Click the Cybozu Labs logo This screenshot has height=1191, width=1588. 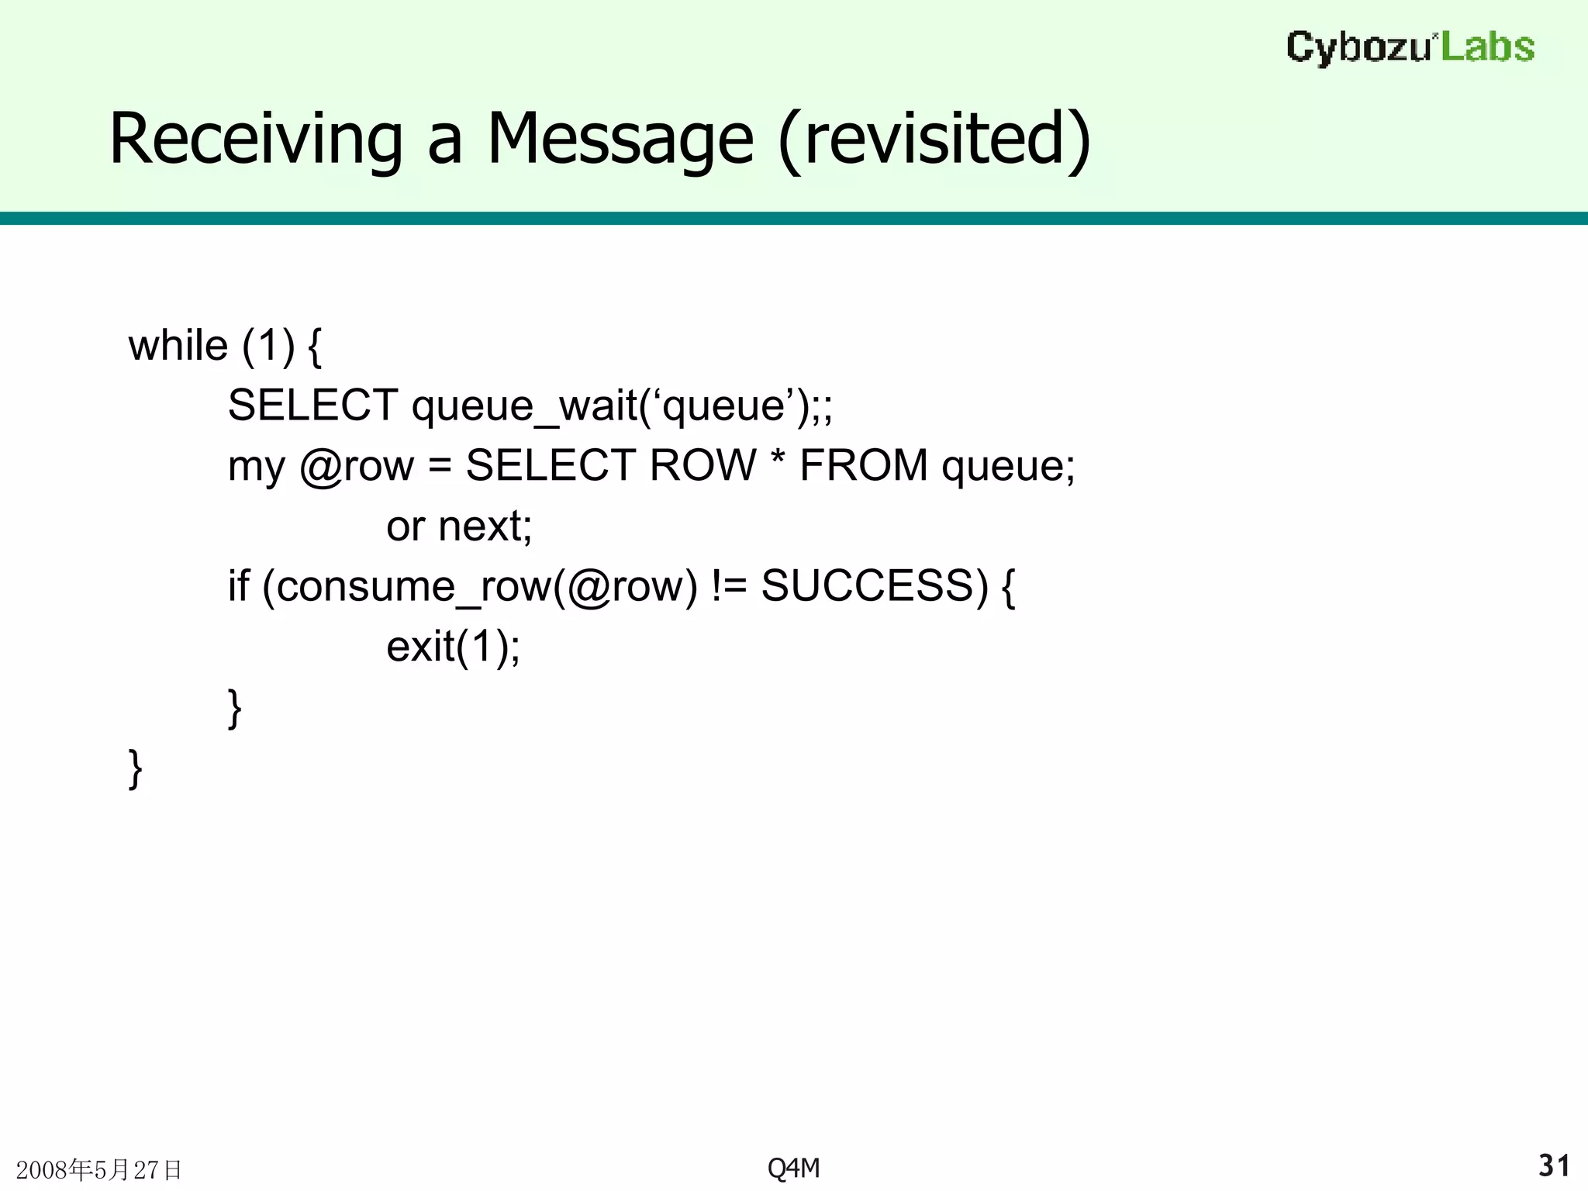pyautogui.click(x=1410, y=47)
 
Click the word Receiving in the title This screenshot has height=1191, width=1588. pyautogui.click(x=255, y=140)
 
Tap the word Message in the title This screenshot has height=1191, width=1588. pyautogui.click(x=620, y=140)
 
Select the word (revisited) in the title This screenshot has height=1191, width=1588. pyautogui.click(x=934, y=140)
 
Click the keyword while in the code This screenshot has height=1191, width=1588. pyautogui.click(x=178, y=345)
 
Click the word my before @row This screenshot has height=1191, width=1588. pyautogui.click(x=256, y=467)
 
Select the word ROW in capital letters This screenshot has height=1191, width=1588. pyautogui.click(x=702, y=465)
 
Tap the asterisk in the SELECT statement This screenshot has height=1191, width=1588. pyautogui.click(x=778, y=462)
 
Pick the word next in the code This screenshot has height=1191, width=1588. pyautogui.click(x=484, y=526)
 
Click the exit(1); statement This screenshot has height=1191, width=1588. pyautogui.click(x=453, y=647)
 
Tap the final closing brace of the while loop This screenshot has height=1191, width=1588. pyautogui.click(x=135, y=768)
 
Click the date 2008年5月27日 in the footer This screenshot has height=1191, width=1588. pyautogui.click(x=98, y=1169)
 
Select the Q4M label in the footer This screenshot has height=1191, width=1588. pyautogui.click(x=793, y=1167)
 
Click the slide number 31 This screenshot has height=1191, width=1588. pyautogui.click(x=1554, y=1165)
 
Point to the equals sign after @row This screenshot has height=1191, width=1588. pyautogui.click(x=439, y=467)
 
